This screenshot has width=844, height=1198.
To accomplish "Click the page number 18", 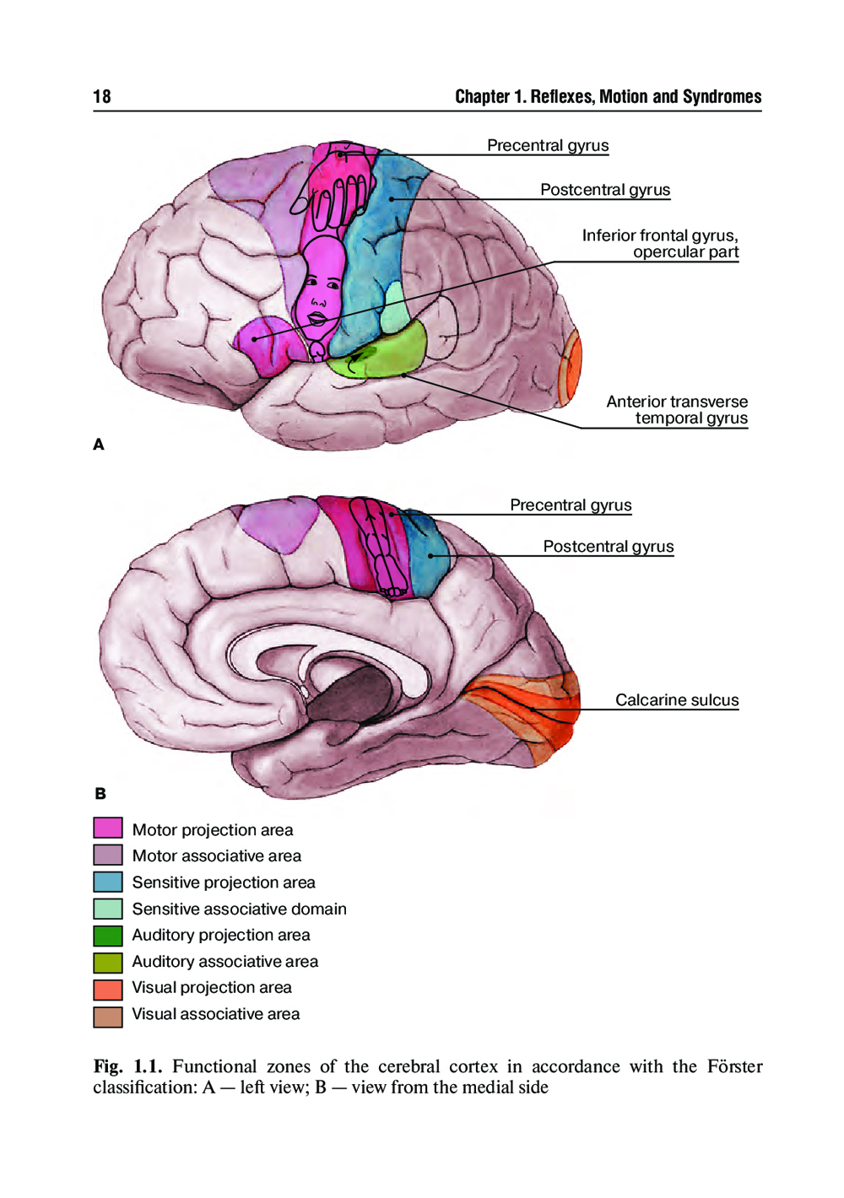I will (102, 97).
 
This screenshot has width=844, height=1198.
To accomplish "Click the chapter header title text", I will (608, 97).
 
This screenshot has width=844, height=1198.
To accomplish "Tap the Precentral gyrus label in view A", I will (548, 146).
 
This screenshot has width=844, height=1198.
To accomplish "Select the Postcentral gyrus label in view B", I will (608, 547).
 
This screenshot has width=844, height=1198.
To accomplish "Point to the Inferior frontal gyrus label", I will (660, 244).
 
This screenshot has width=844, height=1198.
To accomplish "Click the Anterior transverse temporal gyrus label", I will (677, 410).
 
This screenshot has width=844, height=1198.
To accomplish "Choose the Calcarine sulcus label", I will (676, 700).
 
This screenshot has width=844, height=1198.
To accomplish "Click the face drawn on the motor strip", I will (320, 291).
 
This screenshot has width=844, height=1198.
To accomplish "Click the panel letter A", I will (99, 445).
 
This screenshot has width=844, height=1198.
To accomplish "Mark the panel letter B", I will (100, 794).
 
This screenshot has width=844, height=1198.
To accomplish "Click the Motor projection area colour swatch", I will (108, 828).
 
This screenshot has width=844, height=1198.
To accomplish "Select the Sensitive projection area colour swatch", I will (108, 882).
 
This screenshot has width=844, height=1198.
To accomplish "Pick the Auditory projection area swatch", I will (108, 935).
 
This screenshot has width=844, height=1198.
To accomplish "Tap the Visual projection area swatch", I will (108, 988).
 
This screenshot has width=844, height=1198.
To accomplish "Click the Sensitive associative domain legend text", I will (239, 909).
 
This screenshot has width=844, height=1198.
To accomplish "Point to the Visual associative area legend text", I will (215, 1014).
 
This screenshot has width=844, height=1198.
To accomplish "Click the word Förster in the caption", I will (734, 1066).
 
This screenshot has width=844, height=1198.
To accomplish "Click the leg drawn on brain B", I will (380, 548).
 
